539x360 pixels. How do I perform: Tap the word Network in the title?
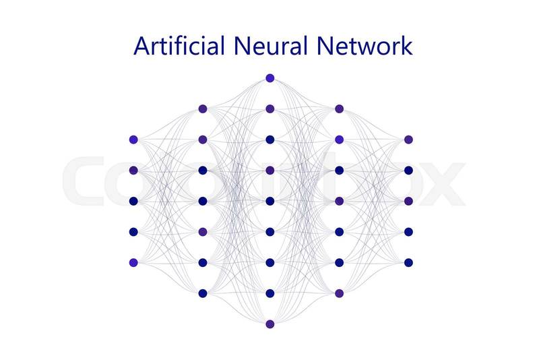tap(364, 46)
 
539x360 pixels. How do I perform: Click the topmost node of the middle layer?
tap(270, 78)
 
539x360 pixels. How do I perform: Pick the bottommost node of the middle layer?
tap(270, 324)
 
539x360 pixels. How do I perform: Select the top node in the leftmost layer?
tap(133, 140)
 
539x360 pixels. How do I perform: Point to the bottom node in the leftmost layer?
tap(133, 262)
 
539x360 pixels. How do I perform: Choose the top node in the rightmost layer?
tap(408, 140)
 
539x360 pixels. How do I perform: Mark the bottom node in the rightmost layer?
tap(408, 262)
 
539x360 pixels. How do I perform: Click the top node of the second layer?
tap(202, 109)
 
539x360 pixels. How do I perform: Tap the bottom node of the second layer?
tap(202, 293)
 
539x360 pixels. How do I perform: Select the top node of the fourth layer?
tap(339, 109)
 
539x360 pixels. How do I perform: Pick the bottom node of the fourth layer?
tap(339, 293)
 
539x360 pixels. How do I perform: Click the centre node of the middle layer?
tap(270, 201)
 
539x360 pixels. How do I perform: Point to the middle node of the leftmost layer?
tap(133, 201)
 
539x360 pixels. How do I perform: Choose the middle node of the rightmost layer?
tap(408, 201)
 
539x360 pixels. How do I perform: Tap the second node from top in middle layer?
tap(270, 109)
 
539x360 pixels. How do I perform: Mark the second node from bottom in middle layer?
tap(270, 293)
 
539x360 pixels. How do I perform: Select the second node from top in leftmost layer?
tap(133, 171)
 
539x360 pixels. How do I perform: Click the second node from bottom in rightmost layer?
tap(408, 232)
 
